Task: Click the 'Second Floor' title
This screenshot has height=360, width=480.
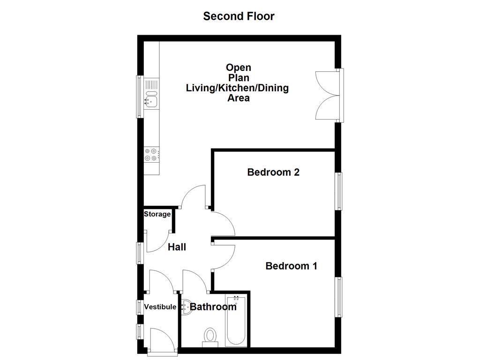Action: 239,16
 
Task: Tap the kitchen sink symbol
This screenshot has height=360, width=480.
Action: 151,93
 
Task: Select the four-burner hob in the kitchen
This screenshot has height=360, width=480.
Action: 151,155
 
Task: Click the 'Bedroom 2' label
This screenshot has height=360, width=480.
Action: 273,172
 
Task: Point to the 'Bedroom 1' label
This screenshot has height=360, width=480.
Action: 291,266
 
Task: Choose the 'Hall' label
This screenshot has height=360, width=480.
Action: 177,247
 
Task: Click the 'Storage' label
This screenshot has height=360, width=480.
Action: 157,214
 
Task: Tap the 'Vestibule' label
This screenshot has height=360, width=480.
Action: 160,307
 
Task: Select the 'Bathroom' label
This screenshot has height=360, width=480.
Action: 213,307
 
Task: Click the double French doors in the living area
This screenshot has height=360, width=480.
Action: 327,96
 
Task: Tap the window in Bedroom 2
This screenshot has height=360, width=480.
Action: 338,191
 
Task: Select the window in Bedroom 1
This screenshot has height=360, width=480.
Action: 338,298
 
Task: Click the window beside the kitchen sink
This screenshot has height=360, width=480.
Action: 139,96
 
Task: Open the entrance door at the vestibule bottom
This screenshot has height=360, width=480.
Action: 162,340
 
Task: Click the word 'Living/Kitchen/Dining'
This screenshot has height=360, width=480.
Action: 237,88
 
